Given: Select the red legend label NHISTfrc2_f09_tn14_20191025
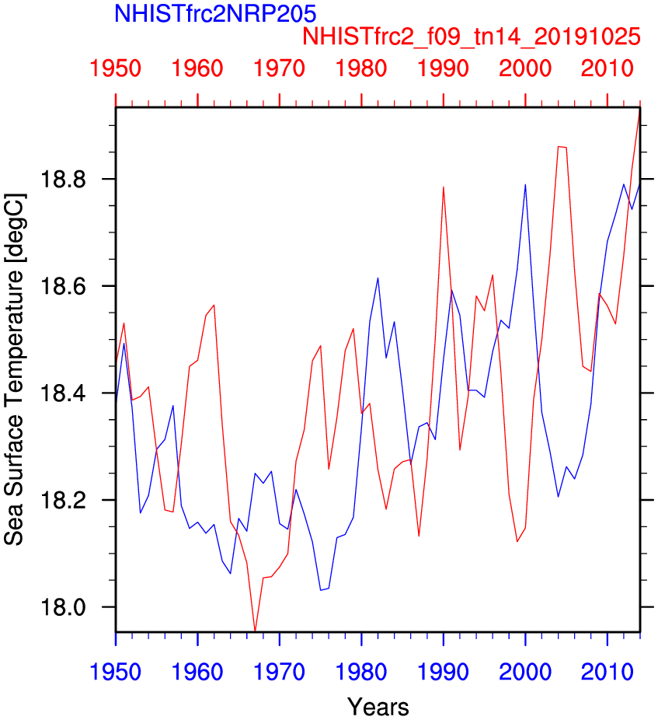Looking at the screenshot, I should click(x=472, y=37).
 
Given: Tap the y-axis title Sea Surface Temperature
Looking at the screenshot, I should click(x=14, y=370).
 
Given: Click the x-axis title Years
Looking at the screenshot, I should click(x=378, y=707).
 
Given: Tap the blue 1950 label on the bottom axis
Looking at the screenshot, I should click(x=116, y=669).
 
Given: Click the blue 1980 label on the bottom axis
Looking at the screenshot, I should click(x=361, y=669).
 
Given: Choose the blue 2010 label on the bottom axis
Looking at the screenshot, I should click(x=607, y=669).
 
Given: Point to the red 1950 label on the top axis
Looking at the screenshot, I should click(x=116, y=68).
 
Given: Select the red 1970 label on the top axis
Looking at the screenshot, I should click(x=280, y=68).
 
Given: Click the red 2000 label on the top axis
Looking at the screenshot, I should click(x=525, y=68).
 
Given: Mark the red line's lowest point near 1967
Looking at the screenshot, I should click(x=255, y=631).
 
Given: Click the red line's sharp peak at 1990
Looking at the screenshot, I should click(x=443, y=187).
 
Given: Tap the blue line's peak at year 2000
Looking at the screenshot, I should click(x=525, y=184).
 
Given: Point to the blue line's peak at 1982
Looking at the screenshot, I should click(x=378, y=278).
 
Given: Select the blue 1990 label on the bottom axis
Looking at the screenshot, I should click(x=443, y=669).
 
